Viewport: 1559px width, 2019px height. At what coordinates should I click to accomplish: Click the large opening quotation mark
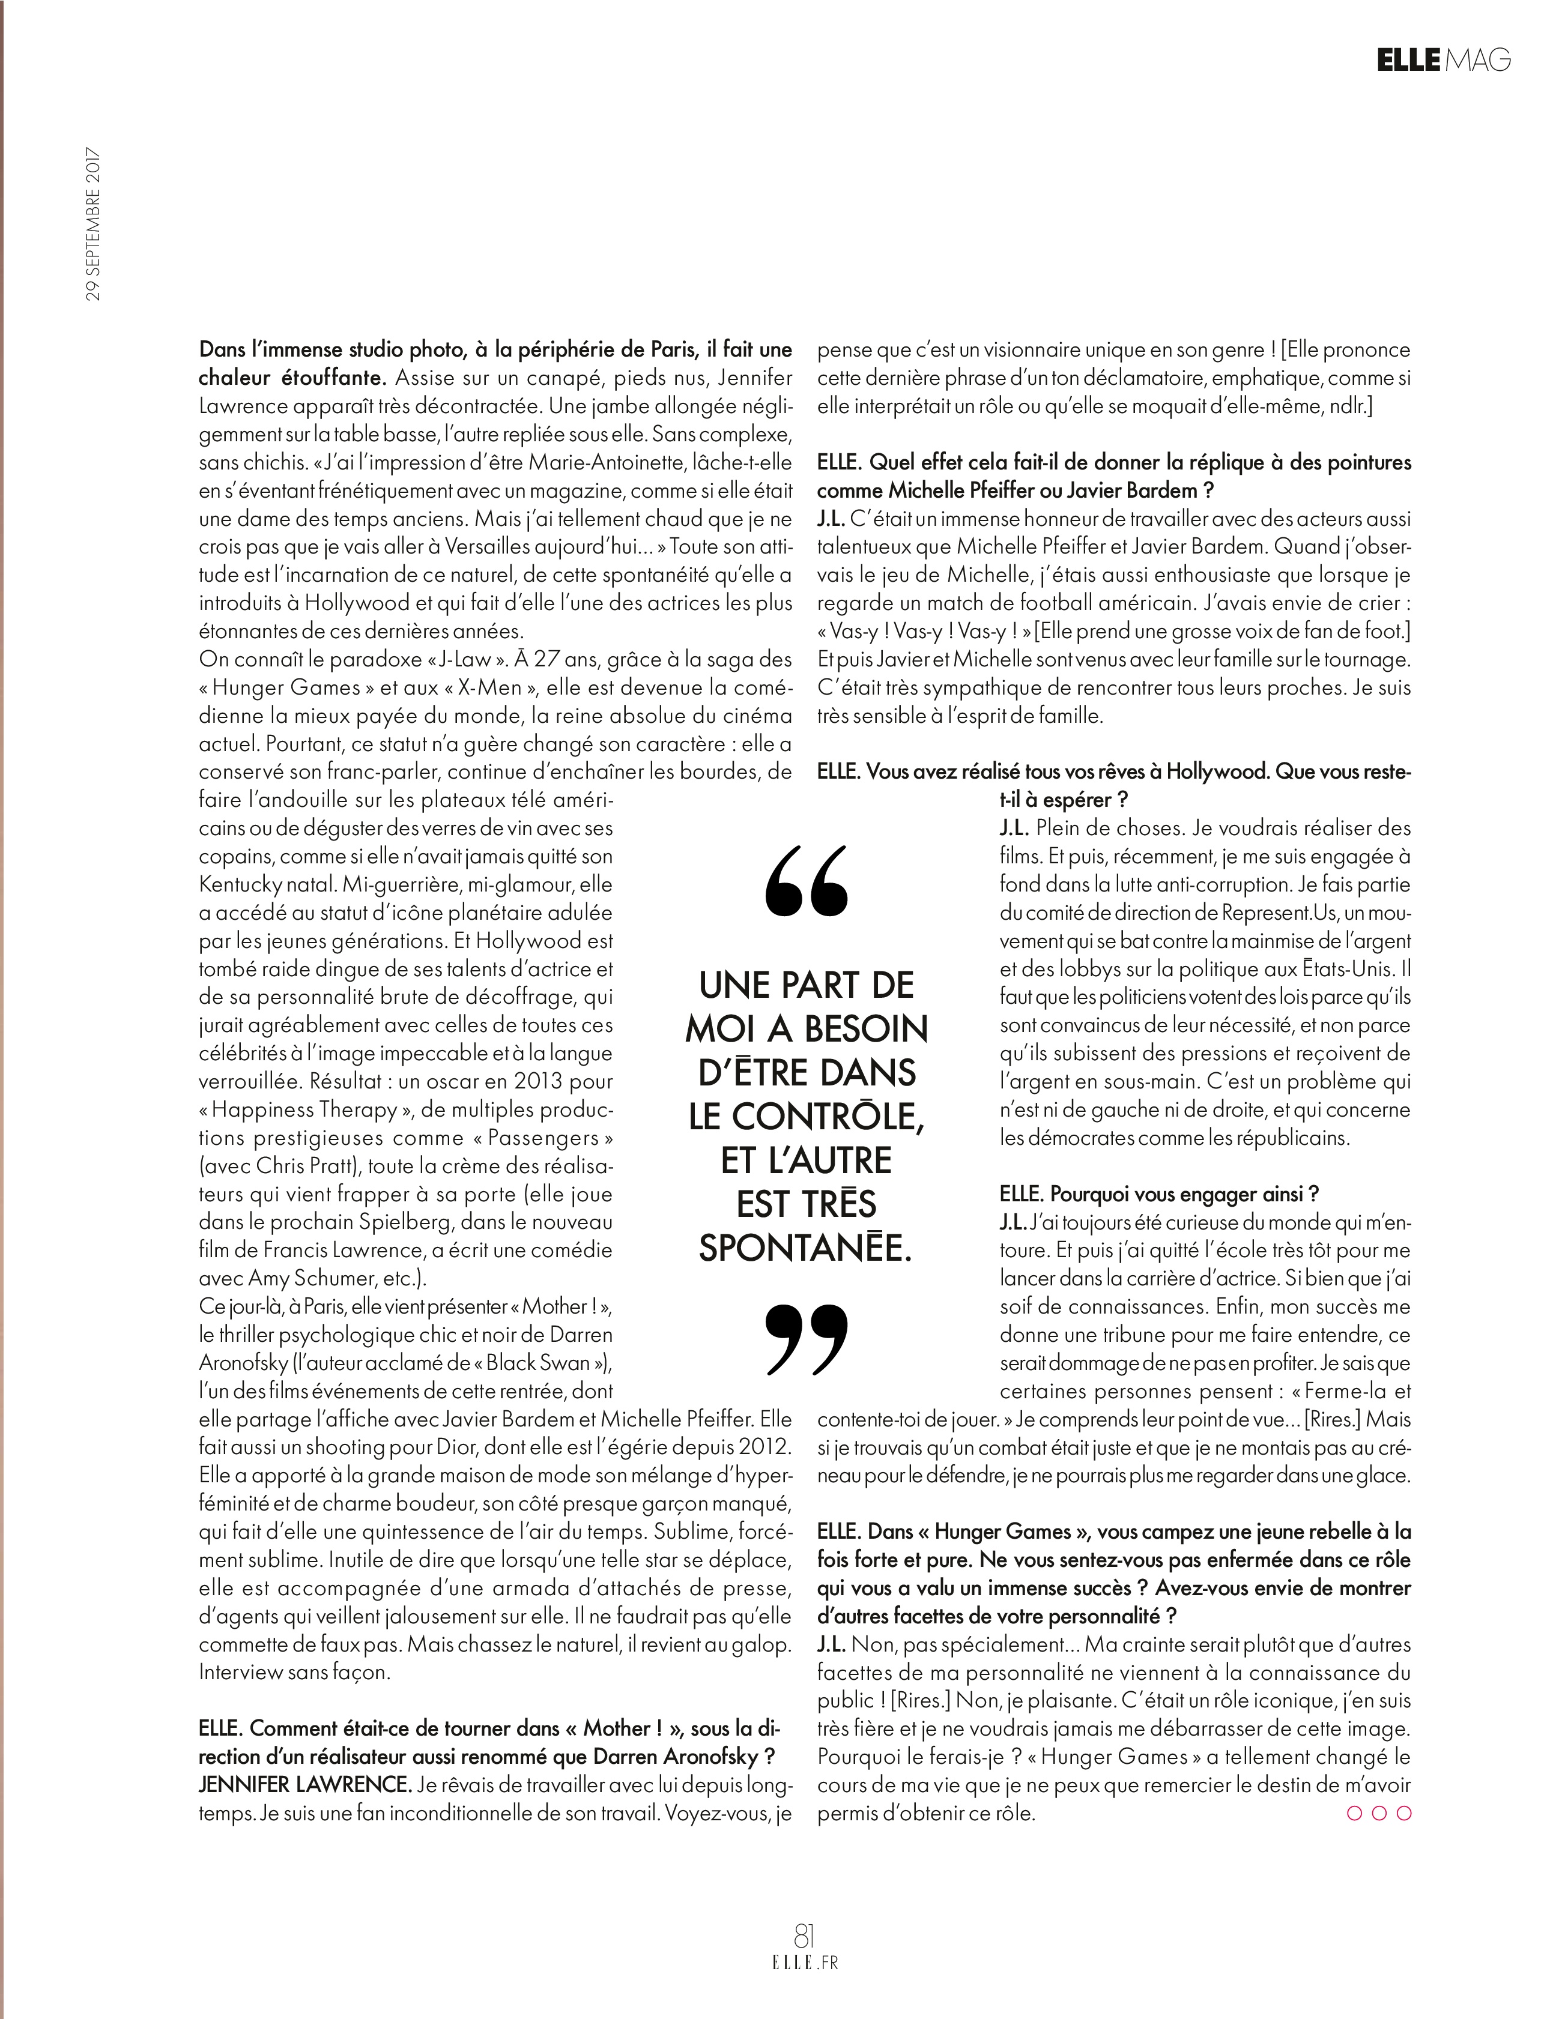pos(807,881)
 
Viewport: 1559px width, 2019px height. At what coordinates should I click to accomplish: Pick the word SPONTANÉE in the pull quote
pos(805,1248)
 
